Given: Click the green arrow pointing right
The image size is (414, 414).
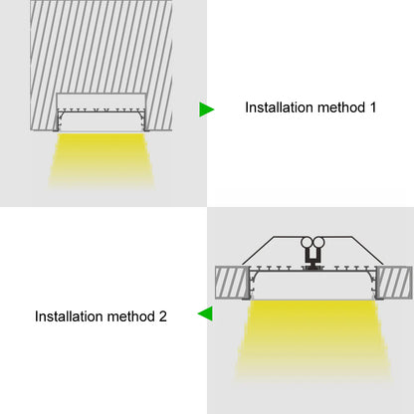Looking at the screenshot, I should click(206, 107).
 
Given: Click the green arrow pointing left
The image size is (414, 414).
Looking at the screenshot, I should click(205, 314).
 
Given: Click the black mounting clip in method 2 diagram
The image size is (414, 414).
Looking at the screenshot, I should click(314, 261).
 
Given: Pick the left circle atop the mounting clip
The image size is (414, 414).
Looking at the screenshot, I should click(309, 242).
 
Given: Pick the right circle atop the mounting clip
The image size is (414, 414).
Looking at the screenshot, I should click(320, 242).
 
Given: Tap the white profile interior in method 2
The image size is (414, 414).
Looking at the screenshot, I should click(312, 284).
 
